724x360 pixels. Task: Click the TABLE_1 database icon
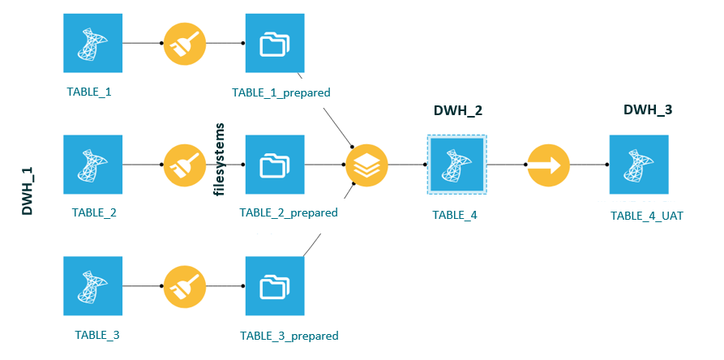click(x=92, y=43)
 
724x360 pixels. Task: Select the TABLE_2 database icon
click(x=92, y=165)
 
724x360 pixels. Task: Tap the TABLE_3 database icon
click(x=92, y=286)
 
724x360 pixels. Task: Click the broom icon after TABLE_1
click(x=186, y=43)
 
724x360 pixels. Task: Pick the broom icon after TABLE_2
click(x=186, y=165)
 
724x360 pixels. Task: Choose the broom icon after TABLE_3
click(x=186, y=286)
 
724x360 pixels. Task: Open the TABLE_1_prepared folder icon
click(x=274, y=43)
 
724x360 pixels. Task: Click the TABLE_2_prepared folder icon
click(x=274, y=165)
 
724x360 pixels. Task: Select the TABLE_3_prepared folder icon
click(x=274, y=286)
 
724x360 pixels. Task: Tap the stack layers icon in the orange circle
click(x=366, y=165)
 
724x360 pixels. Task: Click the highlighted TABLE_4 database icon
click(x=456, y=165)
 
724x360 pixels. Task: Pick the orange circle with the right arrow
click(x=548, y=165)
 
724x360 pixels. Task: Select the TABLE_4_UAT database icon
click(x=639, y=165)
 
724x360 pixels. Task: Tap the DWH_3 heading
click(x=647, y=109)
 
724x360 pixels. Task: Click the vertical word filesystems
click(x=218, y=159)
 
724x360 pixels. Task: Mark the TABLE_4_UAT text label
click(x=641, y=216)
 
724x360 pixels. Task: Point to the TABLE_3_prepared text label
click(x=289, y=336)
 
